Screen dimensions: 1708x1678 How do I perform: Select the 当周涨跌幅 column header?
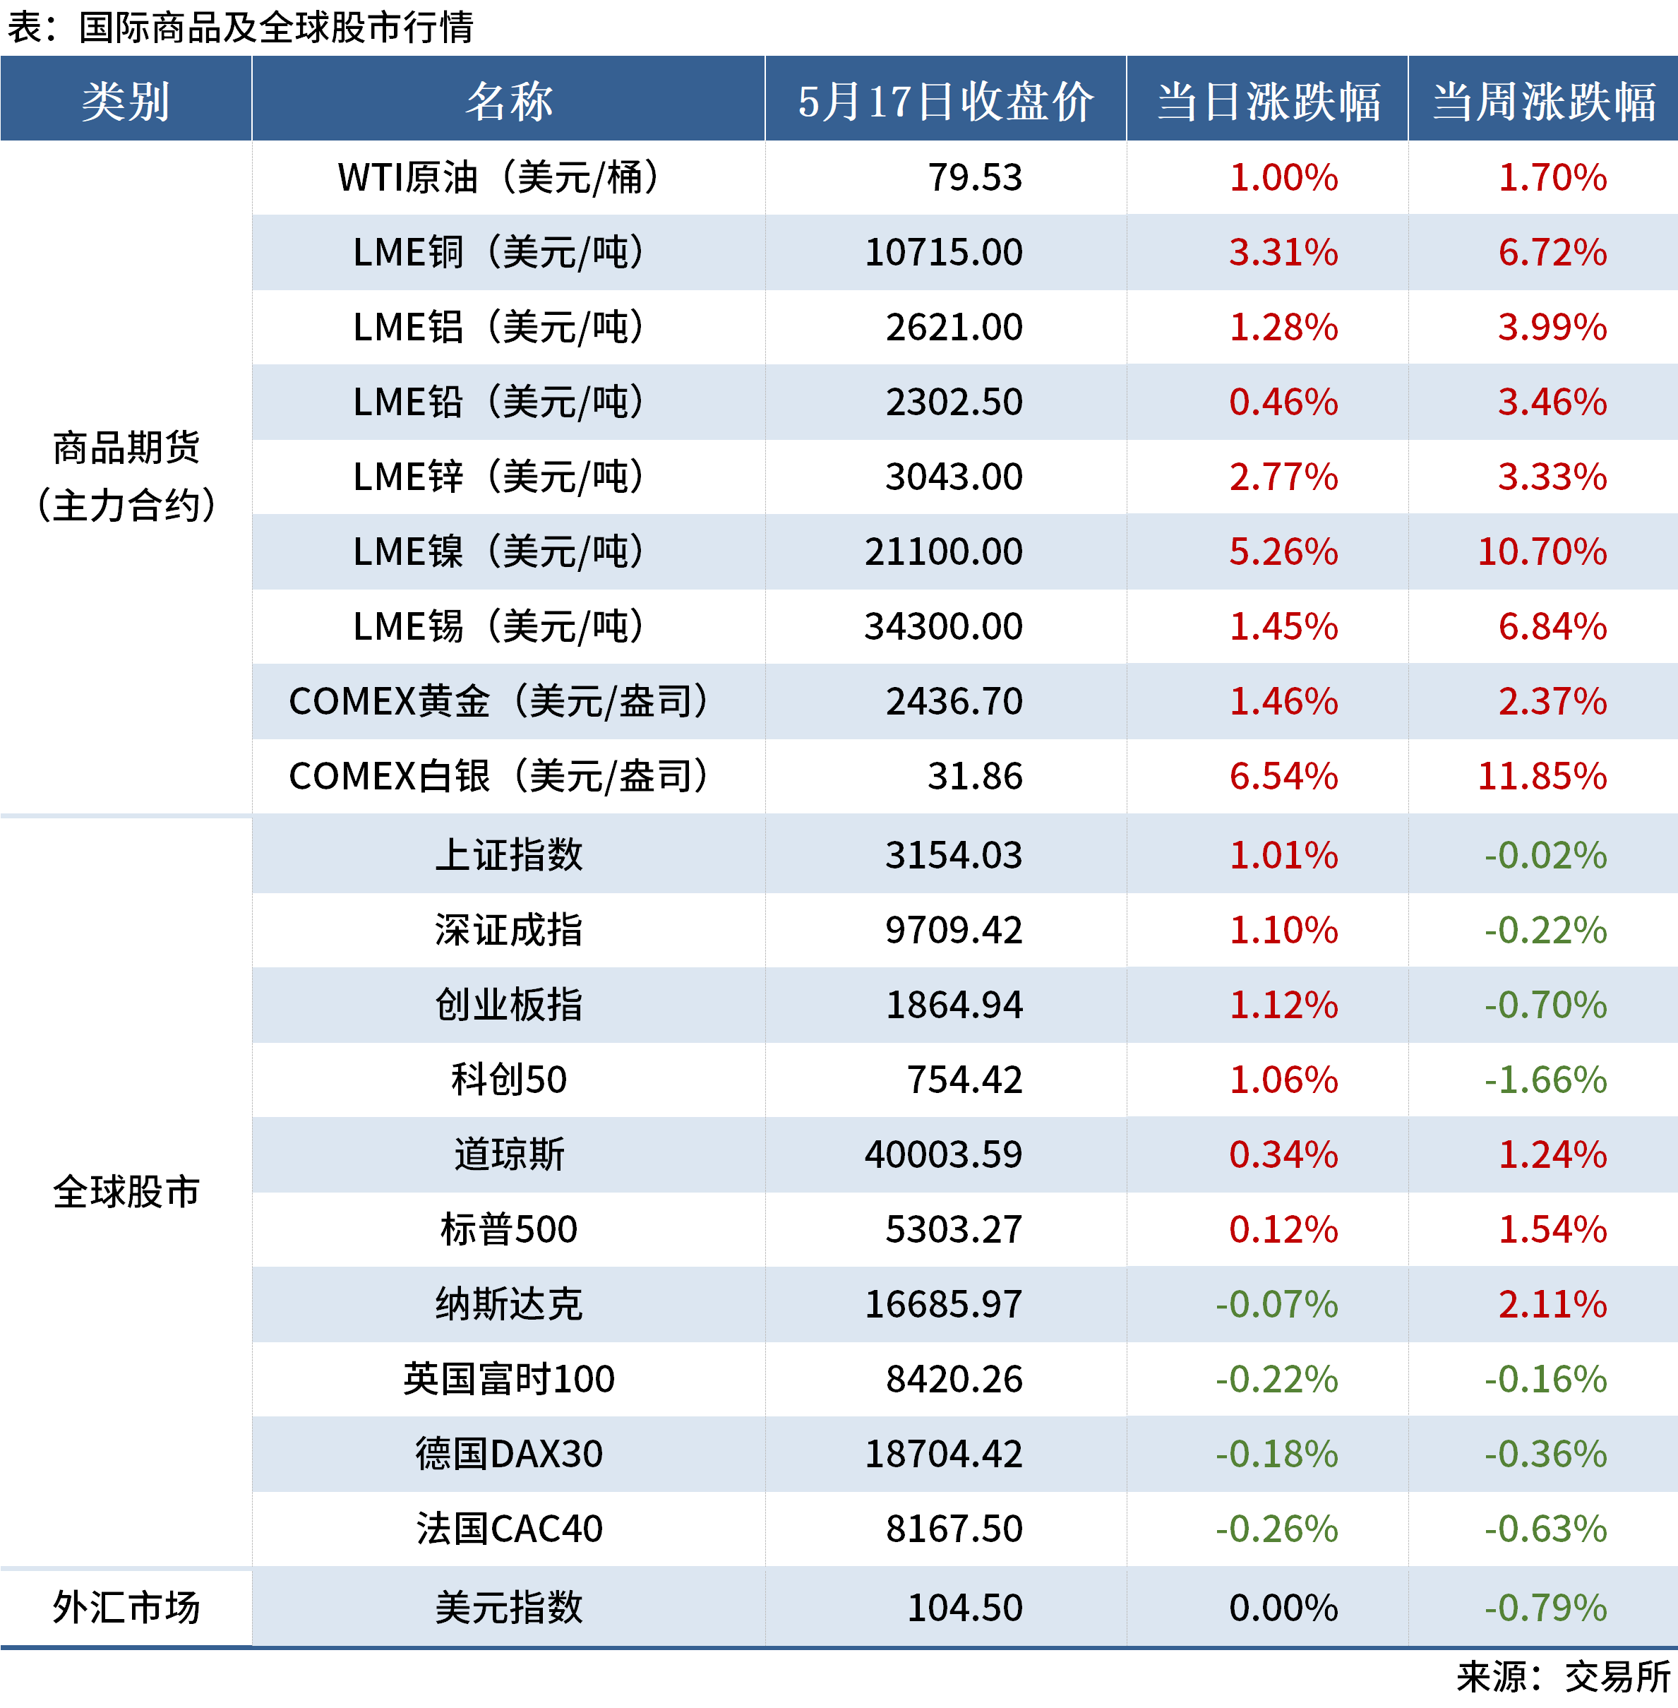click(1543, 100)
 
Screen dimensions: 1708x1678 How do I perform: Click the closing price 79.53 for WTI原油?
click(975, 177)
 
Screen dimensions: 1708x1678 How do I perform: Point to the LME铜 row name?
click(499, 252)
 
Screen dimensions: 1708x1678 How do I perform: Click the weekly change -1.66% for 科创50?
click(1545, 1080)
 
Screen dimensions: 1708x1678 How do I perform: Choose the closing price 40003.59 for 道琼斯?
click(943, 1154)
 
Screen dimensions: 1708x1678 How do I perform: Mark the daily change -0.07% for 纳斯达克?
click(1276, 1304)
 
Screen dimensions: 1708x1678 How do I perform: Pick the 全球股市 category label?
click(126, 1192)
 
